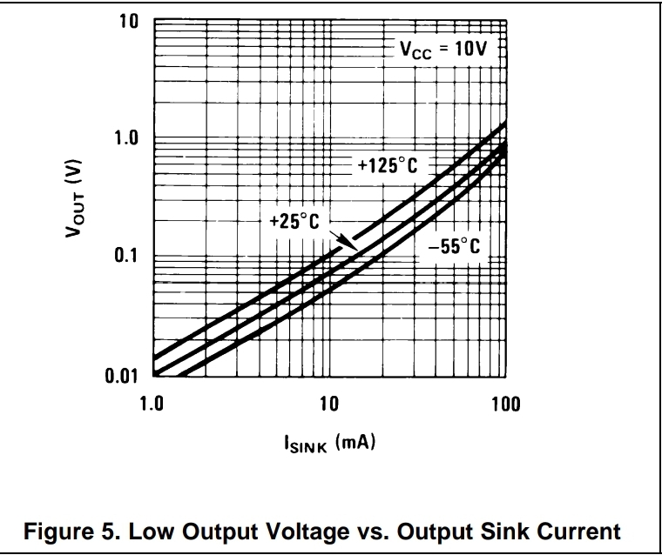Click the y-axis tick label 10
pos(128,21)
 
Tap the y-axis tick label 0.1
pos(125,257)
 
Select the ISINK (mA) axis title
pos(328,445)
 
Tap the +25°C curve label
pos(294,222)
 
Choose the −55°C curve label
pos(453,247)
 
